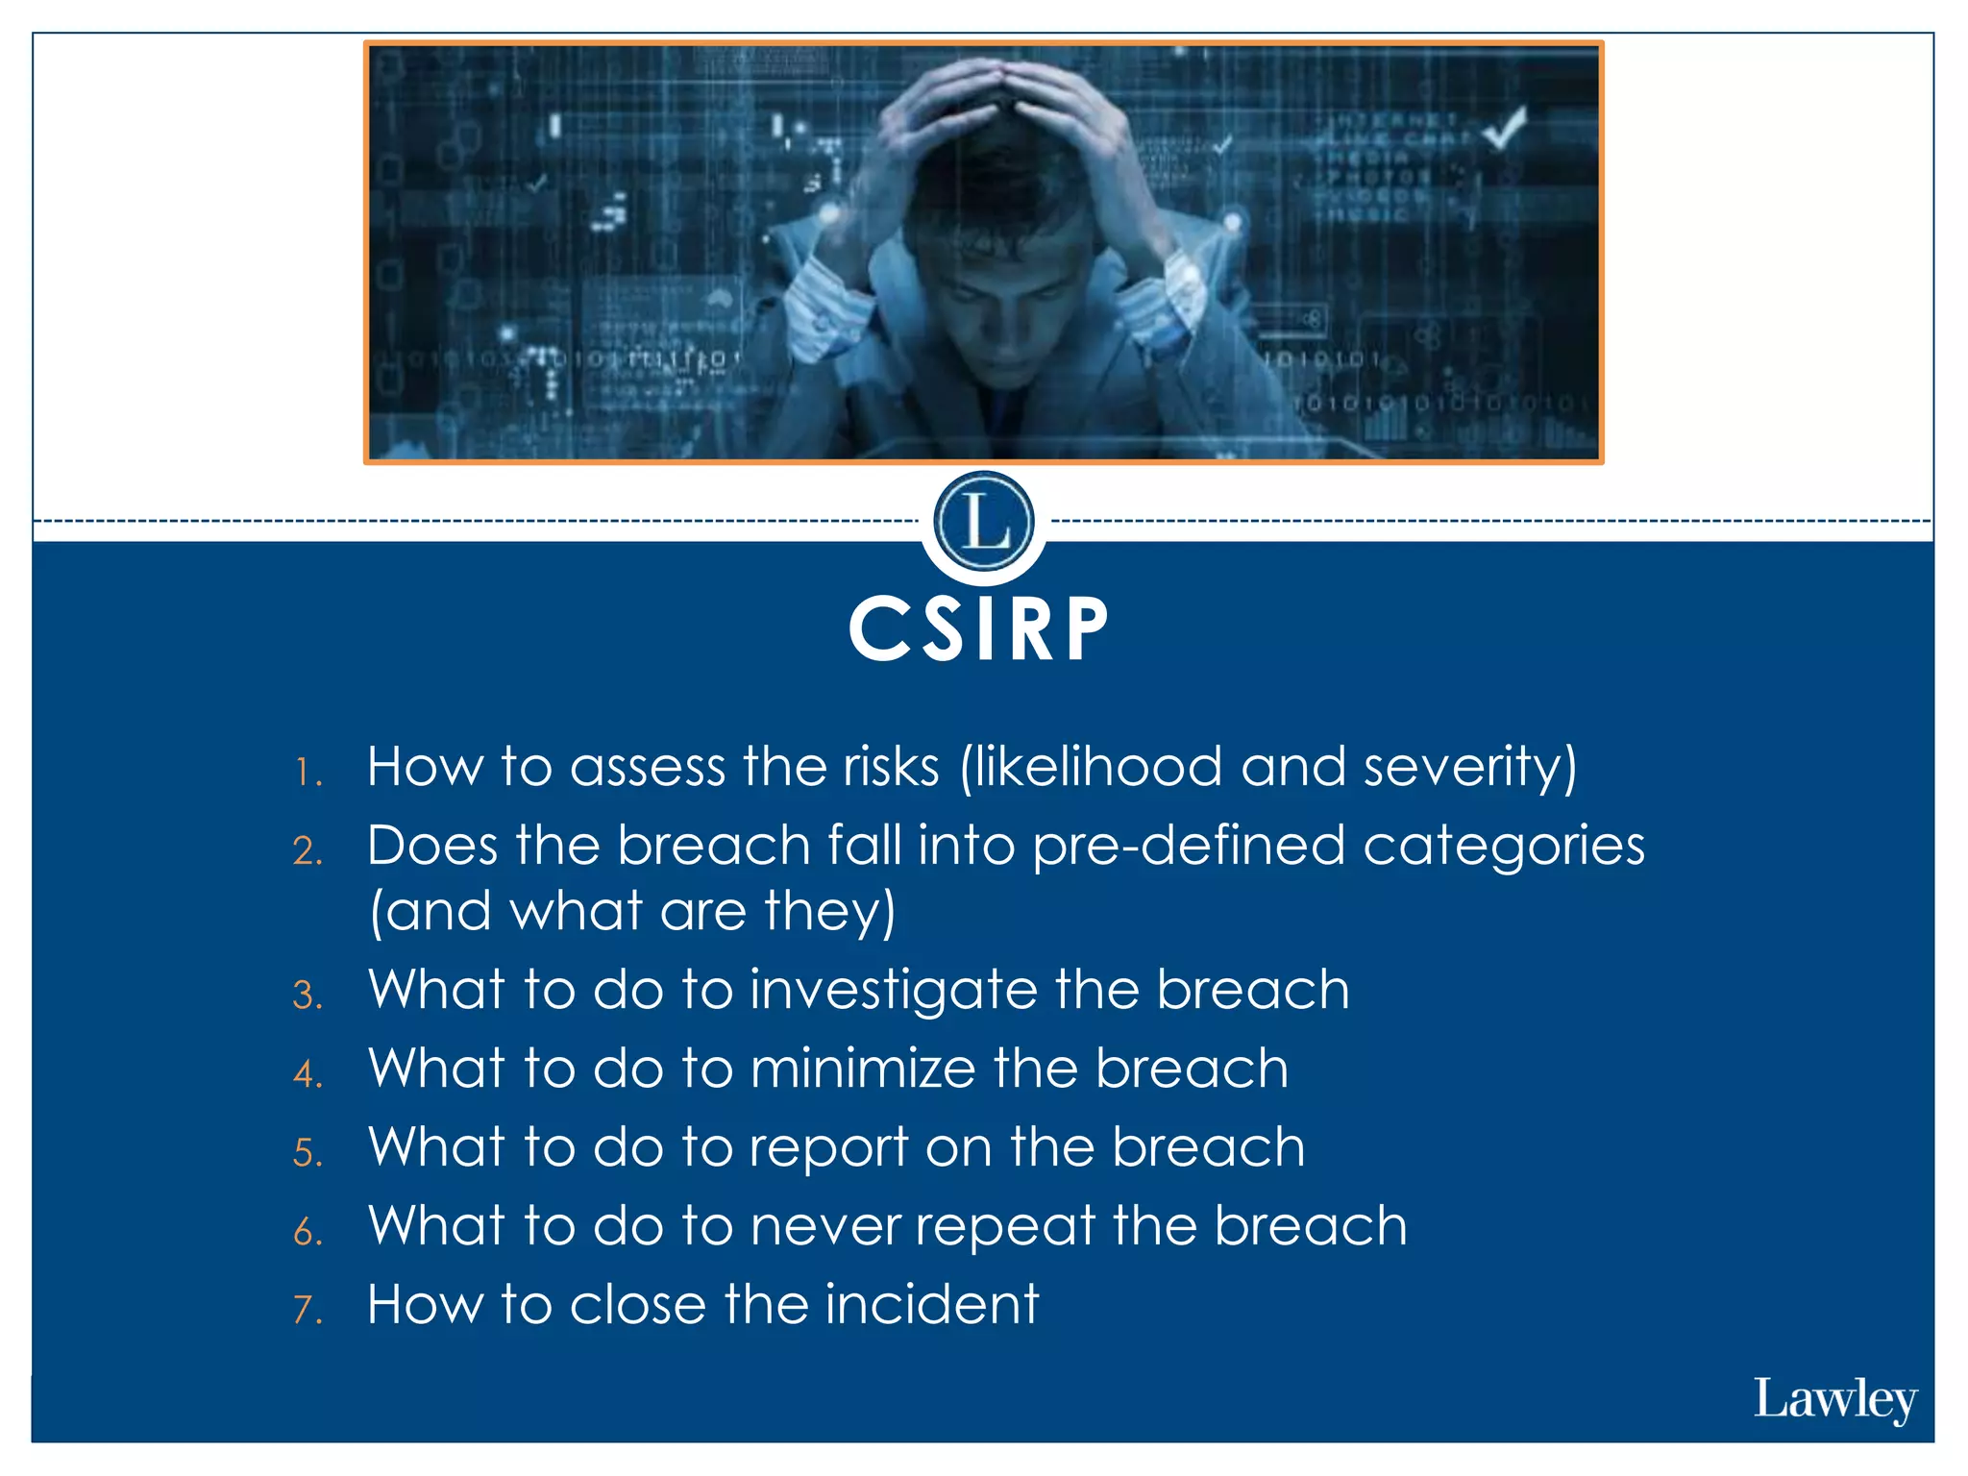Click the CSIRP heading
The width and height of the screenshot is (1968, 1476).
[979, 629]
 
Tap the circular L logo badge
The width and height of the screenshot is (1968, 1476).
[983, 522]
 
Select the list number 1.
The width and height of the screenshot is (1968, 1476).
[307, 773]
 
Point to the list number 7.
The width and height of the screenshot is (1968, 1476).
[307, 1310]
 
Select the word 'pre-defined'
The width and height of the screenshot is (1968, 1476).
[1189, 847]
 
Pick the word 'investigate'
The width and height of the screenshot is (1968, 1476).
[893, 991]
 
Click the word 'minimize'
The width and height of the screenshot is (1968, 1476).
[862, 1069]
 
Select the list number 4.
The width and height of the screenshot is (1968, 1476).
[307, 1074]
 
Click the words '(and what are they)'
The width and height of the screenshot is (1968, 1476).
[632, 912]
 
